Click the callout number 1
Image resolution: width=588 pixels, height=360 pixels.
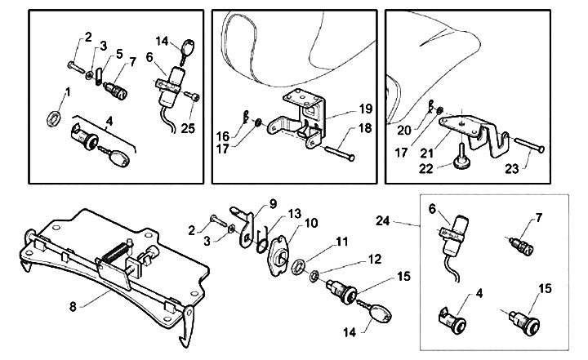click(x=68, y=91)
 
